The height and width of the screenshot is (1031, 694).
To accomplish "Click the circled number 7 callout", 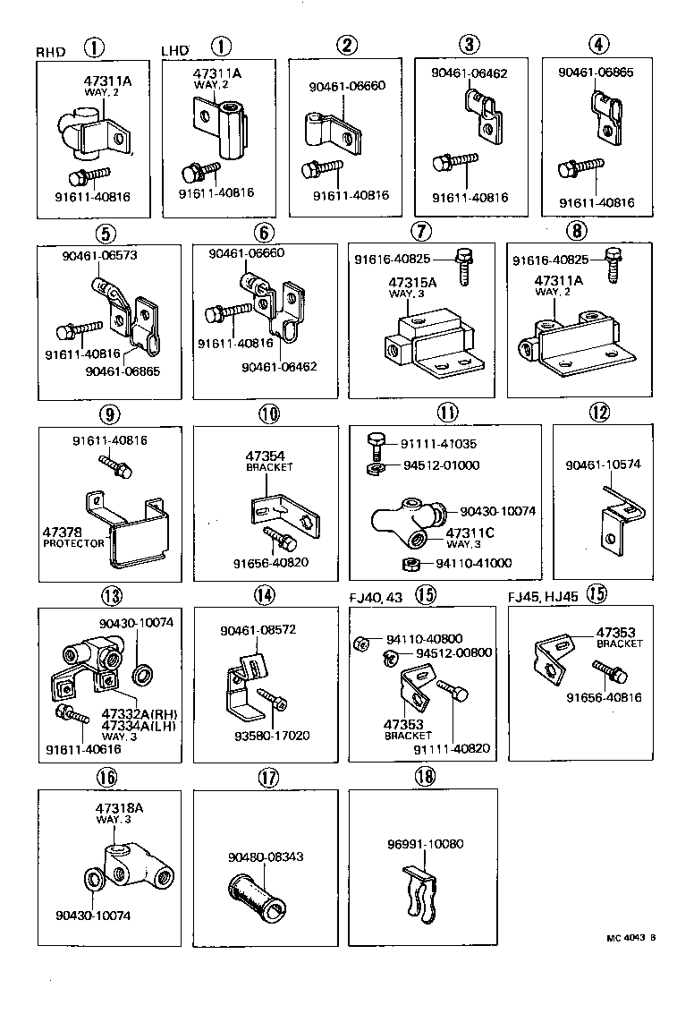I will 422,230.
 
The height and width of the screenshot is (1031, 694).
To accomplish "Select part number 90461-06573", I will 101,255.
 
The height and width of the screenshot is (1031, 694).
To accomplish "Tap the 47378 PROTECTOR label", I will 73,537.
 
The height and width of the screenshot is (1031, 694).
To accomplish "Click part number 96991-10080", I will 426,844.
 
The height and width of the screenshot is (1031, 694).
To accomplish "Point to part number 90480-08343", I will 267,856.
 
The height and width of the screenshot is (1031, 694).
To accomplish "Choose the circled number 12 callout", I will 598,413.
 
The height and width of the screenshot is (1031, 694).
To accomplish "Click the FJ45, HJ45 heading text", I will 543,595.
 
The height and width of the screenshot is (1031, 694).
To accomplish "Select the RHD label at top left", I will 51,52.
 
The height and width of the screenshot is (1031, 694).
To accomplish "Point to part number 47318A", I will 119,808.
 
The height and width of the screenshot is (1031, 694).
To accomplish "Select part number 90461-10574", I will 603,464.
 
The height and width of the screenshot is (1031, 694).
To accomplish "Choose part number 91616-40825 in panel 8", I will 551,260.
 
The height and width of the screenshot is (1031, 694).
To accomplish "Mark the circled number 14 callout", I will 263,596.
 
